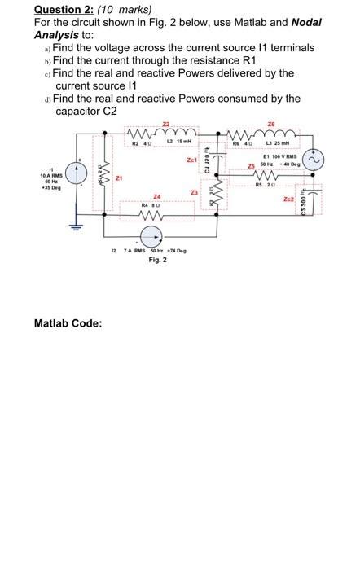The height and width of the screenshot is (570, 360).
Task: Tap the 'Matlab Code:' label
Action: click(x=68, y=323)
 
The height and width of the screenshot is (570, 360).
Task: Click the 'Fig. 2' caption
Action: click(x=158, y=260)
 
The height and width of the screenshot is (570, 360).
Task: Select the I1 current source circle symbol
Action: click(x=77, y=173)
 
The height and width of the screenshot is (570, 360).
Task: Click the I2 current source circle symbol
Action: click(x=150, y=236)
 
